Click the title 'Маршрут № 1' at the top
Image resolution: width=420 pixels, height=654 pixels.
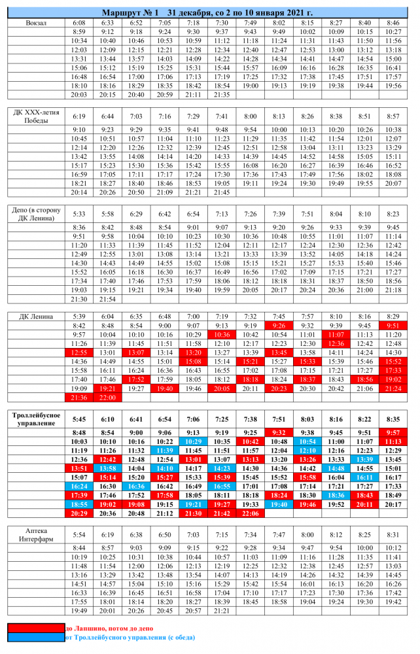(131, 12)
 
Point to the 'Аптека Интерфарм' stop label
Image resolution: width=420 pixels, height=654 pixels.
(37, 534)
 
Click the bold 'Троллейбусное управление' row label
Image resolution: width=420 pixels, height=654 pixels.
(37, 419)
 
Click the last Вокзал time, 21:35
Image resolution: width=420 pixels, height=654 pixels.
(222, 95)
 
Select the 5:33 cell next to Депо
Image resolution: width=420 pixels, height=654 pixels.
(79, 214)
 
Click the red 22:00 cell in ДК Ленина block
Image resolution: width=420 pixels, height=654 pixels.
(108, 397)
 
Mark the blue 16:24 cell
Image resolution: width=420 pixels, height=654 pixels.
(79, 487)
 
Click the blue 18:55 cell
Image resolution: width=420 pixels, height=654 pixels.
(79, 505)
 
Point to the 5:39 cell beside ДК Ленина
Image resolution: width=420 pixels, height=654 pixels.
(79, 317)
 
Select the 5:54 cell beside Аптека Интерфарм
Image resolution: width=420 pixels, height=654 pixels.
(79, 534)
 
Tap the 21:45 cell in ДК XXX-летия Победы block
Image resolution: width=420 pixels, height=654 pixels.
(222, 192)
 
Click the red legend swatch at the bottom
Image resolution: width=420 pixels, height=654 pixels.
(37, 628)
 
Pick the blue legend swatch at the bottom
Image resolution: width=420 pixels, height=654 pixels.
(37, 637)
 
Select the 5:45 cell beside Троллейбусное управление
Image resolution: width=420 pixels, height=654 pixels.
(79, 419)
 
